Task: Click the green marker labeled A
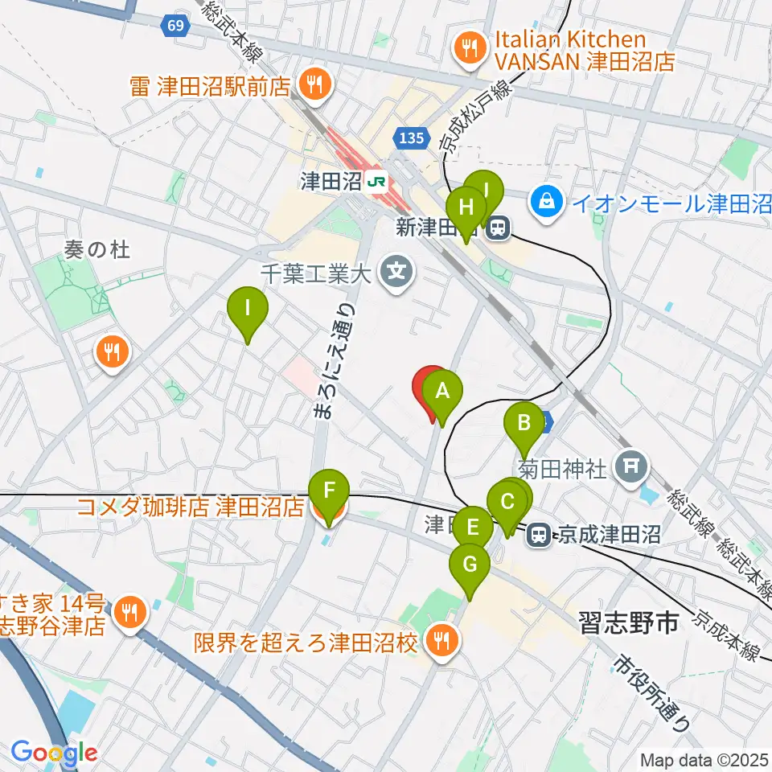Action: pos(441,392)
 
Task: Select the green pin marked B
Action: pos(524,422)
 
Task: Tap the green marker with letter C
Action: pos(507,503)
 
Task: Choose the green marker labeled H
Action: pos(466,207)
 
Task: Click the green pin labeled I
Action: pos(247,308)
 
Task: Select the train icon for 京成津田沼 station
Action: pos(538,532)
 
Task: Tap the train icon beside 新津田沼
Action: pos(499,228)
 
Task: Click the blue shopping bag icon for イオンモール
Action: pos(547,199)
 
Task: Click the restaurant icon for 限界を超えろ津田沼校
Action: pos(441,641)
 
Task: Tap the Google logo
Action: pos(54,754)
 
